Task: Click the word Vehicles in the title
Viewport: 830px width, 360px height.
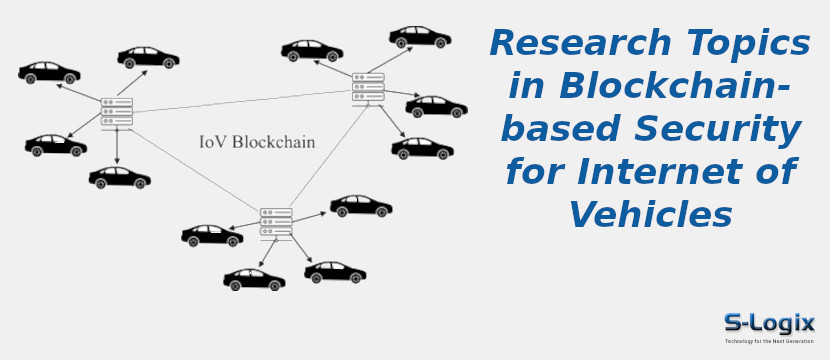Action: [x=650, y=215]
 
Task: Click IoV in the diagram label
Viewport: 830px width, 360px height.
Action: [x=212, y=142]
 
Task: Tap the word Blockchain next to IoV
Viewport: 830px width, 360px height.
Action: [x=273, y=142]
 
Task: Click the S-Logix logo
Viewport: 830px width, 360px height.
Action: [x=769, y=323]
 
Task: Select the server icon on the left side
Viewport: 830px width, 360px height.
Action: [x=117, y=112]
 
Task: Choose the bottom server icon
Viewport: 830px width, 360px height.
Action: [x=276, y=223]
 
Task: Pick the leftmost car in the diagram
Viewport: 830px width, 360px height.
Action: [x=49, y=73]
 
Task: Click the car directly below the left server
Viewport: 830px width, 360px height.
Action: [x=119, y=178]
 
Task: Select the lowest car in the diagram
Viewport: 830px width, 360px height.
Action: [x=254, y=279]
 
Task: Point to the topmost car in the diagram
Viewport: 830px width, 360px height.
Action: [x=419, y=37]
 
